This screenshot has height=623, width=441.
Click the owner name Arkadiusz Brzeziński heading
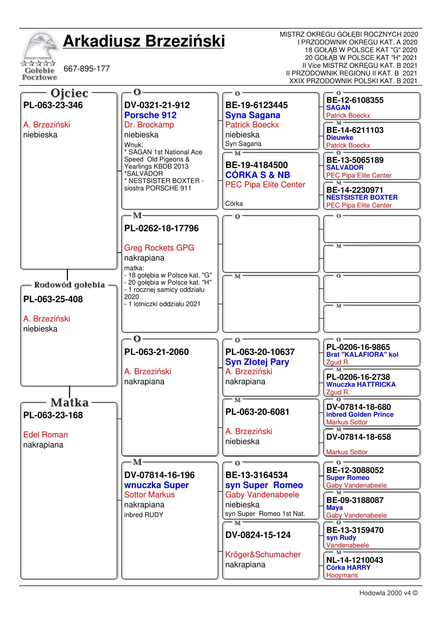pos(144,41)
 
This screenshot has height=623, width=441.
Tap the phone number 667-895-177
pos(87,69)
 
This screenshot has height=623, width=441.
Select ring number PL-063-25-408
pos(53,299)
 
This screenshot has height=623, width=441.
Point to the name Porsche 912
pos(150,115)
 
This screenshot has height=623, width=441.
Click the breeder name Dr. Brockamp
pos(149,125)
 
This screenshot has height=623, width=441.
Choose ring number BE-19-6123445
pos(257,105)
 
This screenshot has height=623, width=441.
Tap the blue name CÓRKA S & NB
pos(258,175)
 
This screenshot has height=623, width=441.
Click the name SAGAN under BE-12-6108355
pos(338,108)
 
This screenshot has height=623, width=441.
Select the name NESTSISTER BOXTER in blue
pos(362,197)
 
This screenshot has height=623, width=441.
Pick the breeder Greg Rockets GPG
pos(159,248)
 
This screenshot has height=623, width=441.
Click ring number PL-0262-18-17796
pos(161,228)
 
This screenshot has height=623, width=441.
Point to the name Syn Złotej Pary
pos(257,362)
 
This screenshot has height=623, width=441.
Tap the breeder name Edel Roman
pos(46,435)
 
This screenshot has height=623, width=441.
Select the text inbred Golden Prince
pos(360,414)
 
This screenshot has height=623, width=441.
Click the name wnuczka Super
pos(156,485)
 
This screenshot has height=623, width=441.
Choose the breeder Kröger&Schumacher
pos(263,554)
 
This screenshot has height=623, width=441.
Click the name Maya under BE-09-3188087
pos(334,508)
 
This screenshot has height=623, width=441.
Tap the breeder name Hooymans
pos(342,575)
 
